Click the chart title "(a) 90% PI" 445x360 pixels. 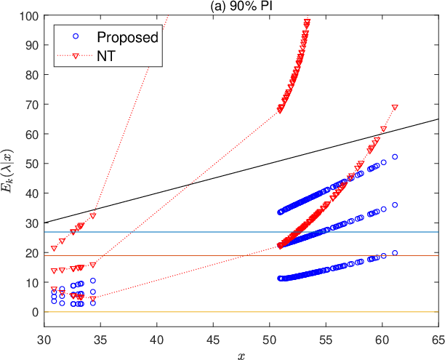[241, 6]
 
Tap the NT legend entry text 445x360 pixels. [106, 56]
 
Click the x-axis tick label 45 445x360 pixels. [213, 340]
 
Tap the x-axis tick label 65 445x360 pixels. [438, 340]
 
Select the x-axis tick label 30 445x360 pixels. [44, 340]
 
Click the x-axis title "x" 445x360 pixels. [241, 356]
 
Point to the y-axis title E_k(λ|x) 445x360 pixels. [7, 171]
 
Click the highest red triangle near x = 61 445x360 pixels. [395, 107]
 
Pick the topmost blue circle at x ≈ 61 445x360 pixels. [395, 156]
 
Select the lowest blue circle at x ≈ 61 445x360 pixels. [395, 253]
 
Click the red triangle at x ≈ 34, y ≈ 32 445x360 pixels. [93, 215]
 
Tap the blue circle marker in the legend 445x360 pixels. [76, 36]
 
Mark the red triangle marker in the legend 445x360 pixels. [76, 56]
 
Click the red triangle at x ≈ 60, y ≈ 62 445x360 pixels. [383, 129]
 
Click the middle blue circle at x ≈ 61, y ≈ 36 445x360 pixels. [395, 204]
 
